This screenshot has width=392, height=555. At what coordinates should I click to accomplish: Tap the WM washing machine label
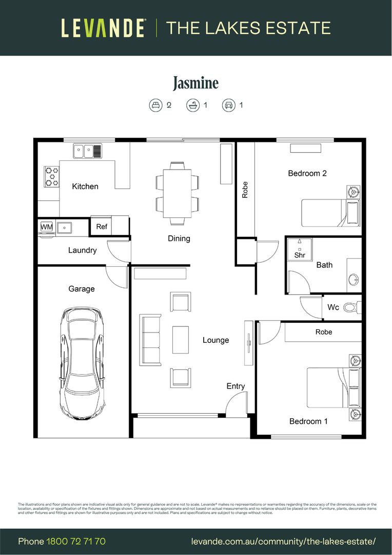click(47, 227)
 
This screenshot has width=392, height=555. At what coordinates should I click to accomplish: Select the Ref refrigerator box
click(102, 226)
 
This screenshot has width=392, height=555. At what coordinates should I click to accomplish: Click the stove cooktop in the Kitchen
click(51, 176)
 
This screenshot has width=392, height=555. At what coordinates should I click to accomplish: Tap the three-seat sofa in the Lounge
click(149, 340)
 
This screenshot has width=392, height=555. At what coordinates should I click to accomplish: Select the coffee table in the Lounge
click(180, 340)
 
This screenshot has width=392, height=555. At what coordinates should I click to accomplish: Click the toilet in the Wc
click(351, 307)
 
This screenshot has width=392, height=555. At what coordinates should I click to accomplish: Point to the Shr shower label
click(300, 255)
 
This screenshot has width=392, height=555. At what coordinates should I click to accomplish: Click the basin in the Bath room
click(354, 280)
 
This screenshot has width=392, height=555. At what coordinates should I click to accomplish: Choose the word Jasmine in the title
click(195, 83)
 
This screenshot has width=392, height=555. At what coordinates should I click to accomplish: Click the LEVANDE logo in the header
click(103, 28)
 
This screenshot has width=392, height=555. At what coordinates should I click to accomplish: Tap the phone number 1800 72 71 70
click(76, 541)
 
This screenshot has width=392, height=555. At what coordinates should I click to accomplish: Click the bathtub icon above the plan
click(192, 105)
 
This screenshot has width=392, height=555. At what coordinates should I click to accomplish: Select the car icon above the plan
click(228, 105)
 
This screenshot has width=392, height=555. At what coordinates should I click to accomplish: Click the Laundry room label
click(82, 250)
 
